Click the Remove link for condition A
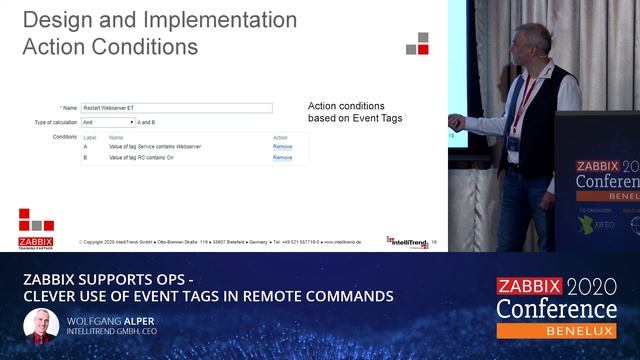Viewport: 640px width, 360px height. click(x=282, y=147)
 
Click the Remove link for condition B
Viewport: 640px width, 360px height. click(x=282, y=158)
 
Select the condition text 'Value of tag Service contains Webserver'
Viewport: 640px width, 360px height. click(x=155, y=147)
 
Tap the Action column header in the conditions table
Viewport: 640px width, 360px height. click(x=280, y=137)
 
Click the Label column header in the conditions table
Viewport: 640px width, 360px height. click(x=89, y=137)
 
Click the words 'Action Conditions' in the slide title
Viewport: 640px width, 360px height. click(x=110, y=46)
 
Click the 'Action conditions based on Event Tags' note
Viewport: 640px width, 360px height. click(x=354, y=112)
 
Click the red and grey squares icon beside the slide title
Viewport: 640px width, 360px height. click(x=417, y=43)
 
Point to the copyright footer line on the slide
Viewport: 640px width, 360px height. click(x=230, y=242)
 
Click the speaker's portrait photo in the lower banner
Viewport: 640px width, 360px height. click(x=39, y=326)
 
